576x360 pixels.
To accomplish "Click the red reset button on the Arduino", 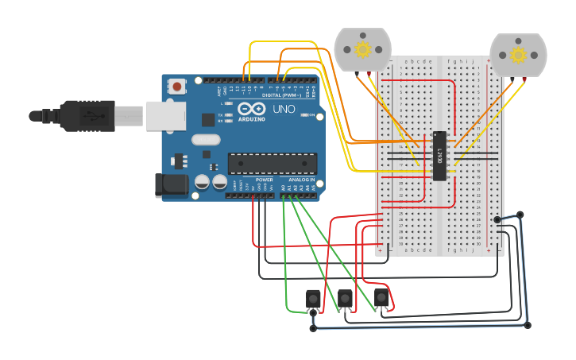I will click(176, 86).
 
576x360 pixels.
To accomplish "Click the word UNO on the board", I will click(284, 109).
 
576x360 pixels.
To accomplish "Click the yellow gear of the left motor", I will click(363, 50).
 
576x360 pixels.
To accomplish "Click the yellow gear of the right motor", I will click(518, 55).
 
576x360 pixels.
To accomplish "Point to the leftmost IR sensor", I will click(313, 300).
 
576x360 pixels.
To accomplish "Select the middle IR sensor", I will click(345, 299).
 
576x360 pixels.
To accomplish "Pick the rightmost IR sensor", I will click(382, 299).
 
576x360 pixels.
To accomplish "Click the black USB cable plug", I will click(87, 115).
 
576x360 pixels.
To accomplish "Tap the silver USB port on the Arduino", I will click(164, 115).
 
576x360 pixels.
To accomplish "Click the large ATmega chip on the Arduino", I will click(273, 163).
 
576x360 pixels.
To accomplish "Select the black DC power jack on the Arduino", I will click(174, 187).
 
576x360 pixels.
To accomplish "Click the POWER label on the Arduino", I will click(264, 180).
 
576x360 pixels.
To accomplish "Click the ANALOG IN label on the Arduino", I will click(300, 180).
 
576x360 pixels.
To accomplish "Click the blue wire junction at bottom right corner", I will click(527, 325).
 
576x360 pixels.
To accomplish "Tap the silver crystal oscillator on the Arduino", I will click(205, 141).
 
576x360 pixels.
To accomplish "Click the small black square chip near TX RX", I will click(208, 119).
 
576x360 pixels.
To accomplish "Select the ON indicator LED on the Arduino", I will click(307, 115).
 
